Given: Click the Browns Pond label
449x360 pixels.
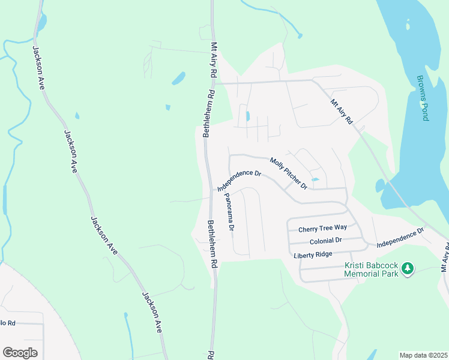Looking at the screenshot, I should click(x=423, y=98).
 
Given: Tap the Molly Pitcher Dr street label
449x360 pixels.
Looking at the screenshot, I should click(x=288, y=173).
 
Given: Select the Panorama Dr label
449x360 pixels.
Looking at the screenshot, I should click(x=229, y=212).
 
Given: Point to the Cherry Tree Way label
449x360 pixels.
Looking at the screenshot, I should click(x=323, y=228).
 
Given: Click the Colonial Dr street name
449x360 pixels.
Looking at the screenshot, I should click(x=325, y=241).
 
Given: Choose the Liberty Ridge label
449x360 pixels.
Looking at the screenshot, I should click(x=313, y=255).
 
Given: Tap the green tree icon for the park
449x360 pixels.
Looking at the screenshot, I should click(x=408, y=268).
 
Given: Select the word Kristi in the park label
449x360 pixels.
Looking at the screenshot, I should click(x=355, y=265).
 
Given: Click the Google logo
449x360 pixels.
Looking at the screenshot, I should click(x=20, y=353).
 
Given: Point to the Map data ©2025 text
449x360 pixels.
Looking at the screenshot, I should click(x=423, y=355).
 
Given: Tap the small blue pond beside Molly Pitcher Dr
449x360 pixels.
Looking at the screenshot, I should click(x=315, y=179).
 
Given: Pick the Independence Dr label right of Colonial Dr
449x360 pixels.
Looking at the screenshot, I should click(x=400, y=238).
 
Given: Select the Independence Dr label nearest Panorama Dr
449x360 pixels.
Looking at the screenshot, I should click(x=240, y=182).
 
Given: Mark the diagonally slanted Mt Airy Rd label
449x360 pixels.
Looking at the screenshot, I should click(x=342, y=112).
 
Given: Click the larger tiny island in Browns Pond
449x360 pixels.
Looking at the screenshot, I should click(x=408, y=26).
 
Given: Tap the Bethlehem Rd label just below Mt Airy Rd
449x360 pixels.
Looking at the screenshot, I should click(x=208, y=114).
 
